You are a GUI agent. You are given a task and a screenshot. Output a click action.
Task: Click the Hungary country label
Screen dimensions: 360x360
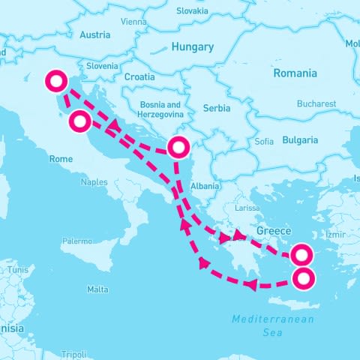[x=193, y=46]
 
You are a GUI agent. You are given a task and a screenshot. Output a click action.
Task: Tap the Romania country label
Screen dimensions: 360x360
[x=295, y=73]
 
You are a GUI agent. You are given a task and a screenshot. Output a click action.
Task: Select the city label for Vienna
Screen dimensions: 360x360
[x=133, y=22]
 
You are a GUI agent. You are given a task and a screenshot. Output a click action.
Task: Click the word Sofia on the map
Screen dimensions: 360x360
[x=264, y=141]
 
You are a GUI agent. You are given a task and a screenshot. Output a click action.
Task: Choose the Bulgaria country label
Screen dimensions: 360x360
[x=300, y=140]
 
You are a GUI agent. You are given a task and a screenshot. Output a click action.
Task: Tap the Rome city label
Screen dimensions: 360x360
[x=61, y=159]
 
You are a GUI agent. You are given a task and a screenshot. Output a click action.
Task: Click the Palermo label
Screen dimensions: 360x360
[x=76, y=241]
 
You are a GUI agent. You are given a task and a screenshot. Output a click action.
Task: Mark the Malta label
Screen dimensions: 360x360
[x=97, y=289]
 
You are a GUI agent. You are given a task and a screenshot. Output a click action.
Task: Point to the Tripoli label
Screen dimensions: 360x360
[x=73, y=354]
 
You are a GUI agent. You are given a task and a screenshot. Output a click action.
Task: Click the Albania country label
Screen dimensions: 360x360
[x=205, y=186]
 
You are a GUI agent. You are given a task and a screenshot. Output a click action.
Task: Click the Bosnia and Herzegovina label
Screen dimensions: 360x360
[x=161, y=109]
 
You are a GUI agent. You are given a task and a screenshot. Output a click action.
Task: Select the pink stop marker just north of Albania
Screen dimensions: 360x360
[x=178, y=147]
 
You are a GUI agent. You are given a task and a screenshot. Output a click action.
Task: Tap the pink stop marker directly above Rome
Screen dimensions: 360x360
[x=80, y=121]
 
